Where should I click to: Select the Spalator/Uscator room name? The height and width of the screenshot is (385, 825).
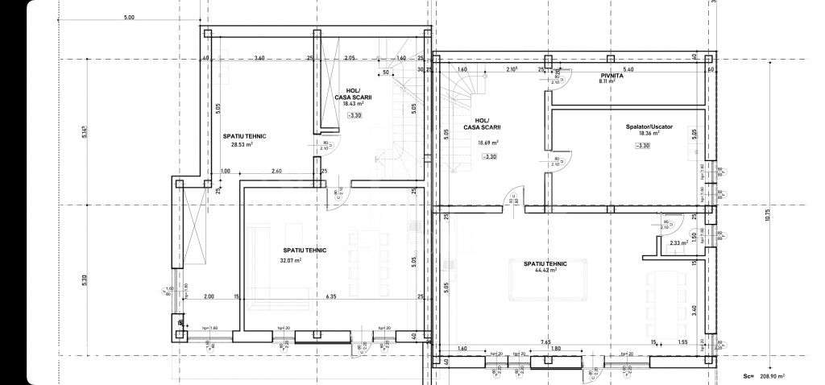click(x=649, y=126)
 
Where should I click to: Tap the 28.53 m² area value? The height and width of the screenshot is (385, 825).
click(x=238, y=145)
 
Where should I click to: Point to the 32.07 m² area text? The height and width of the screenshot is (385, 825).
click(x=290, y=260)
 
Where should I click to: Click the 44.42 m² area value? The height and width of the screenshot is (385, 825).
click(x=545, y=271)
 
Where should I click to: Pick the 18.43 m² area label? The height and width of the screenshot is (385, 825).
click(x=354, y=105)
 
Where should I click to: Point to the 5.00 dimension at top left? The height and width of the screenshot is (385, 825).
click(x=129, y=18)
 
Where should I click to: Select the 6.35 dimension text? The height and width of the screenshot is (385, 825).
click(x=331, y=296)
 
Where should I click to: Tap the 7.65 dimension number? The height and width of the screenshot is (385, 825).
click(x=545, y=342)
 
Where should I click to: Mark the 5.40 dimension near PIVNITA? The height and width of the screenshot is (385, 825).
click(x=628, y=69)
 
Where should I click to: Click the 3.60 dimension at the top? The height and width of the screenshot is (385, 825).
click(x=259, y=58)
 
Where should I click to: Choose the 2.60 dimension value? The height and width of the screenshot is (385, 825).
click(x=276, y=171)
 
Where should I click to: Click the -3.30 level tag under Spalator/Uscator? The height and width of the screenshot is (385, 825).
click(x=642, y=145)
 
